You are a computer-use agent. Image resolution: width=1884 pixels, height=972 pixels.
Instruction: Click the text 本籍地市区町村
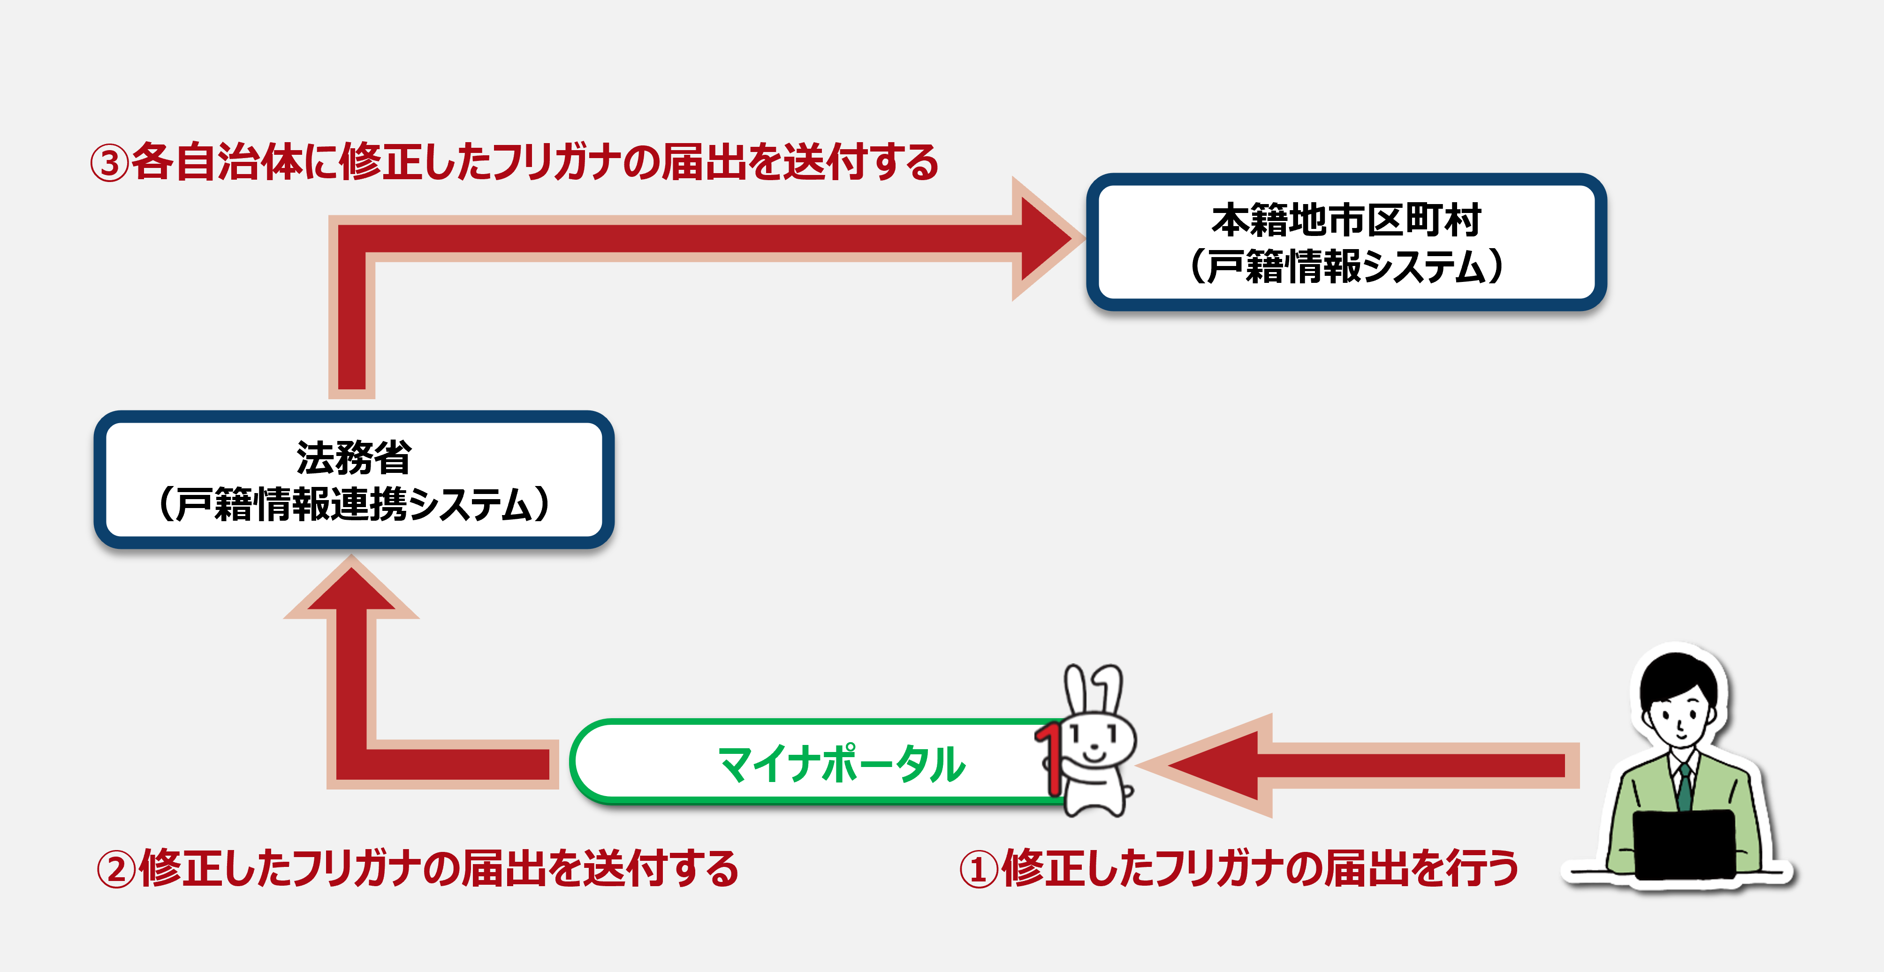[x=1346, y=220]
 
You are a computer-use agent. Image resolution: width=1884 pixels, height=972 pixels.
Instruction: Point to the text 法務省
[x=354, y=458]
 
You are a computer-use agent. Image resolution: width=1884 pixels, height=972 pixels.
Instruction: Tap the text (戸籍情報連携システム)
[x=354, y=504]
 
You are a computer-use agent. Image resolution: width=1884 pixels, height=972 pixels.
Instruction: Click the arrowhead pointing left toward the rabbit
[x=1207, y=765]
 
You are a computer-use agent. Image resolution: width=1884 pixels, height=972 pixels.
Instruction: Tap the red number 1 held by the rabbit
[x=1049, y=758]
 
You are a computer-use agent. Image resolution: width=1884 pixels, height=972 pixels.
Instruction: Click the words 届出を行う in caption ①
[x=1422, y=869]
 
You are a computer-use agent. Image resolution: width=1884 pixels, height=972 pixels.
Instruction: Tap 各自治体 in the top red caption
[x=217, y=162]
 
